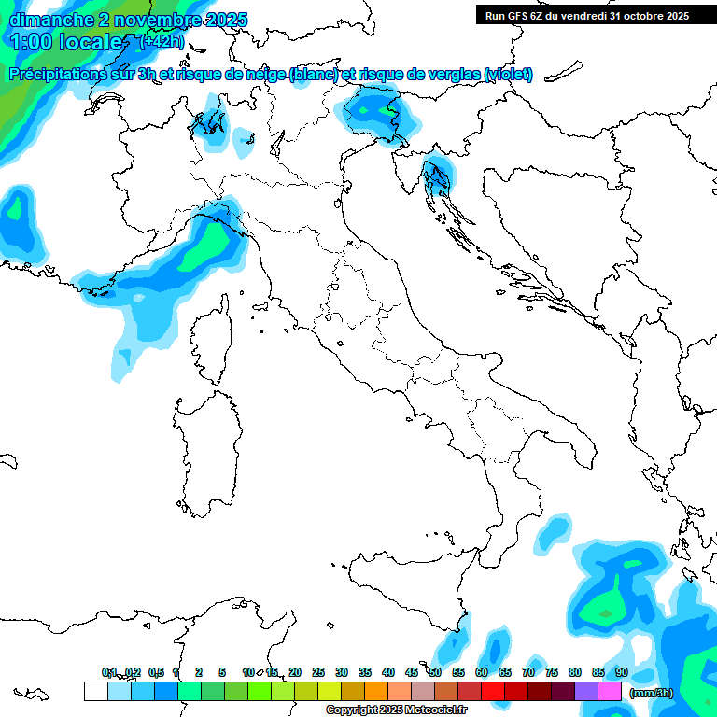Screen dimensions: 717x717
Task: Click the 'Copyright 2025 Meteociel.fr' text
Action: [x=397, y=710]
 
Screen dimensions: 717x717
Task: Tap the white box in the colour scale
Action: [x=95, y=692]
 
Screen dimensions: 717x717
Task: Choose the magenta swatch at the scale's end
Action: [x=610, y=692]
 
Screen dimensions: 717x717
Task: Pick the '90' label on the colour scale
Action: [x=622, y=672]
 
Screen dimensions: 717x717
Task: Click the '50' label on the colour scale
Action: [x=435, y=672]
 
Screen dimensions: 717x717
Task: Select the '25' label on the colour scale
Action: [x=318, y=672]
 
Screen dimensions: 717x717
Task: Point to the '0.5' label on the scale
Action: [x=156, y=672]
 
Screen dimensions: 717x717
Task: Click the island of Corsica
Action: [x=212, y=341]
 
